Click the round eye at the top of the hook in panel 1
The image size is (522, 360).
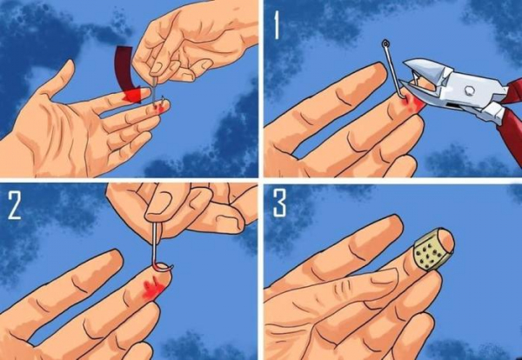pos(385,43)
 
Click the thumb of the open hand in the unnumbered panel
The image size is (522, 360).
pos(57,79)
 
